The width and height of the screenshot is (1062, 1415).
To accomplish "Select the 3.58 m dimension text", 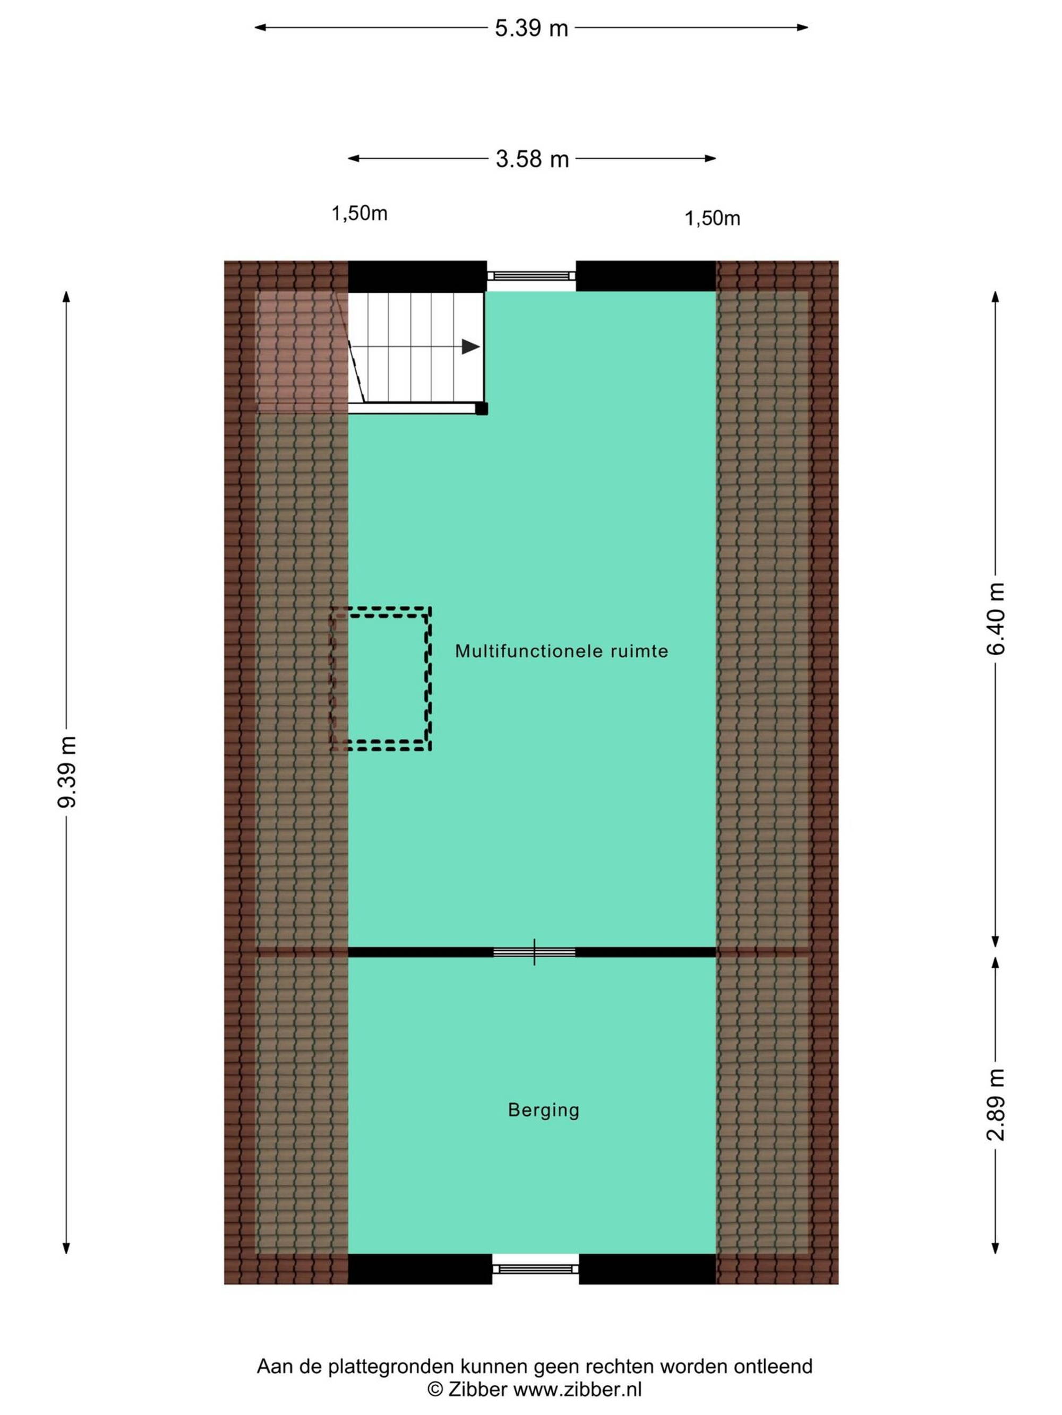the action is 532,159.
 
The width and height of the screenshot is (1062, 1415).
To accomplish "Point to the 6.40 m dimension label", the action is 996,619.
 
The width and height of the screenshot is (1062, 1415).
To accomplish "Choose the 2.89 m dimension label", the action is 996,1105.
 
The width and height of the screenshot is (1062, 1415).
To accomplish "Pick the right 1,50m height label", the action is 712,219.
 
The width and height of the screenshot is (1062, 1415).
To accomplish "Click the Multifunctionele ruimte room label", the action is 561,651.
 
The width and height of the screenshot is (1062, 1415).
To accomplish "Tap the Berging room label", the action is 544,1110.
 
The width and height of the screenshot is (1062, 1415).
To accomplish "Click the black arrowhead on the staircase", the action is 470,346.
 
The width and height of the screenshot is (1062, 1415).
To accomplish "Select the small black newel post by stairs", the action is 482,408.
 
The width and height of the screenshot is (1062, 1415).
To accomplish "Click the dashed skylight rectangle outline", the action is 429,678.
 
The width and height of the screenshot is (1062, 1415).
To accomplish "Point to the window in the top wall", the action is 532,276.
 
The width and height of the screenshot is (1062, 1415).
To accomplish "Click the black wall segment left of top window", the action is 417,276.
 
